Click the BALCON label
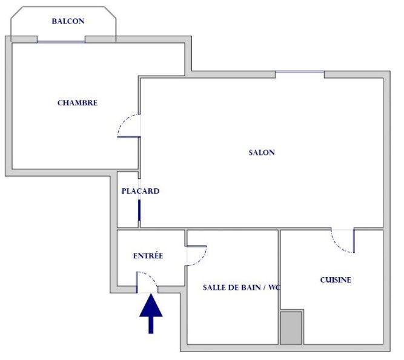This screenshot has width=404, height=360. tap(68, 21)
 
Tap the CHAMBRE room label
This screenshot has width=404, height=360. tap(78, 103)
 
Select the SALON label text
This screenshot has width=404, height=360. tap(262, 152)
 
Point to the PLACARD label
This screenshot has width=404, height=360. tap(140, 191)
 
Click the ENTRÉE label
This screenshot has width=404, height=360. tap(148, 256)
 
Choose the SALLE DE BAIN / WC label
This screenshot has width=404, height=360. tap(243, 287)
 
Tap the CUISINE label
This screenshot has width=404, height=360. tap(335, 280)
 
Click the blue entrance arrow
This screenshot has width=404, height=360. tap(151, 312)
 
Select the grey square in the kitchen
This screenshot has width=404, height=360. tap(291, 328)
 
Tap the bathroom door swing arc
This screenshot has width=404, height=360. tap(198, 255)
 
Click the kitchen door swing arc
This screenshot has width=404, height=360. tap(343, 241)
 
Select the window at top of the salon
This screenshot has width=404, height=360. tap(300, 74)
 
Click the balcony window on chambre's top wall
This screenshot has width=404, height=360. tap(61, 41)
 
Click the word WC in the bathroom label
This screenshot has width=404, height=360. tap(278, 287)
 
